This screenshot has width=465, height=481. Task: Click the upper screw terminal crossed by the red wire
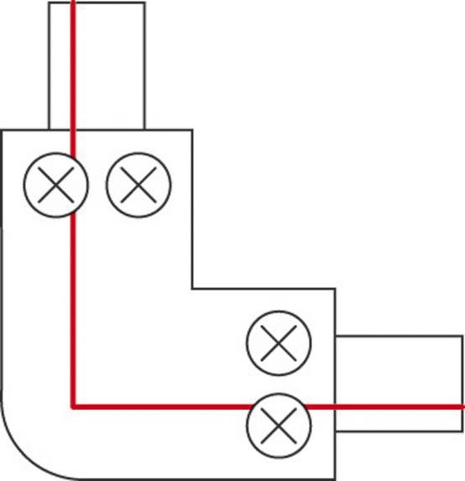coord(55,185)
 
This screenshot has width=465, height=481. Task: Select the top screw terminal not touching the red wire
coord(138,185)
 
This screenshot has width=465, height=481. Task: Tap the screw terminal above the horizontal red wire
coord(279,342)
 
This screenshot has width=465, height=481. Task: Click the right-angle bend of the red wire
coord(74,407)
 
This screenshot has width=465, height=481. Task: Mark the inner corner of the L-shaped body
coord(193,290)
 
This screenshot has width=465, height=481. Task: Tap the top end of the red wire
coord(74,3)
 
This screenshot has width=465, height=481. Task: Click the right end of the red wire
coord(462,406)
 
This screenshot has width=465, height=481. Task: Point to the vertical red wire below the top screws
coord(74,302)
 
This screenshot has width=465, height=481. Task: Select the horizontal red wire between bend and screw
coord(159,407)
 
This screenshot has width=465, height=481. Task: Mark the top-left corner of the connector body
coord(2,130)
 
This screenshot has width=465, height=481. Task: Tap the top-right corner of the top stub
coord(144,3)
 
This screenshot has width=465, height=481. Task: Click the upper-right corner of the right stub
coord(462,337)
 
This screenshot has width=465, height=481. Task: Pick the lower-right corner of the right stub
coord(462,431)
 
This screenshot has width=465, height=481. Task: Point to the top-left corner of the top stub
coord(49,3)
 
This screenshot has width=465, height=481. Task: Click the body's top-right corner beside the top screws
coord(192,130)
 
